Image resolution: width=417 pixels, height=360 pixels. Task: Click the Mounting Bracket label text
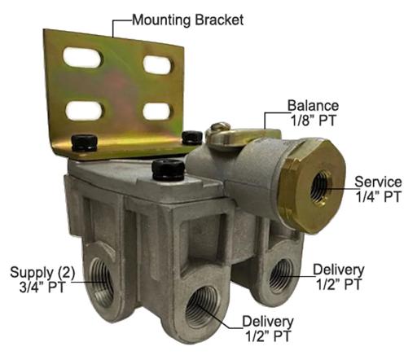[x=187, y=20]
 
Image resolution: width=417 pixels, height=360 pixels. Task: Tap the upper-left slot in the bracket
[x=83, y=57]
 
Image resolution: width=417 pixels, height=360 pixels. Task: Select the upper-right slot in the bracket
[x=157, y=65]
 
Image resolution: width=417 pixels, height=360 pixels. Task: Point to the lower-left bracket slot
[x=85, y=110]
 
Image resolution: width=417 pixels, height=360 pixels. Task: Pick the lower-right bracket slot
[x=158, y=112]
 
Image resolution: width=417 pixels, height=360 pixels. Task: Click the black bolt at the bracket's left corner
[x=85, y=142]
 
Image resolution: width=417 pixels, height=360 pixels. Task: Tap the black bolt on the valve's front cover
[x=169, y=170]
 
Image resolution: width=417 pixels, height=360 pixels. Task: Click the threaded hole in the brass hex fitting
[x=321, y=187]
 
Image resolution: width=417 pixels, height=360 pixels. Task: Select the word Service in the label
[x=378, y=182]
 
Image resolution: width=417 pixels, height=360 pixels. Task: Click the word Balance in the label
[x=313, y=106]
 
